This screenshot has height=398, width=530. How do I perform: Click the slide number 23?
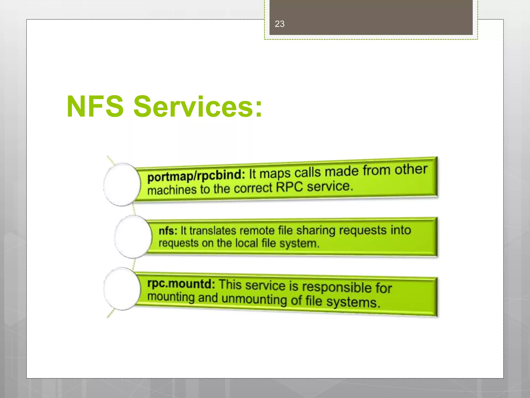[279, 24]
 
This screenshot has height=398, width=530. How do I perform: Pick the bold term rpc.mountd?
[181, 283]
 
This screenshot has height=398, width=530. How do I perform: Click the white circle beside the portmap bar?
[122, 184]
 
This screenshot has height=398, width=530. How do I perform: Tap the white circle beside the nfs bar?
[133, 237]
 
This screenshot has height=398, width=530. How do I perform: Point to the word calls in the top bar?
[308, 172]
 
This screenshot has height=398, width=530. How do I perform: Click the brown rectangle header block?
[371, 17]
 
